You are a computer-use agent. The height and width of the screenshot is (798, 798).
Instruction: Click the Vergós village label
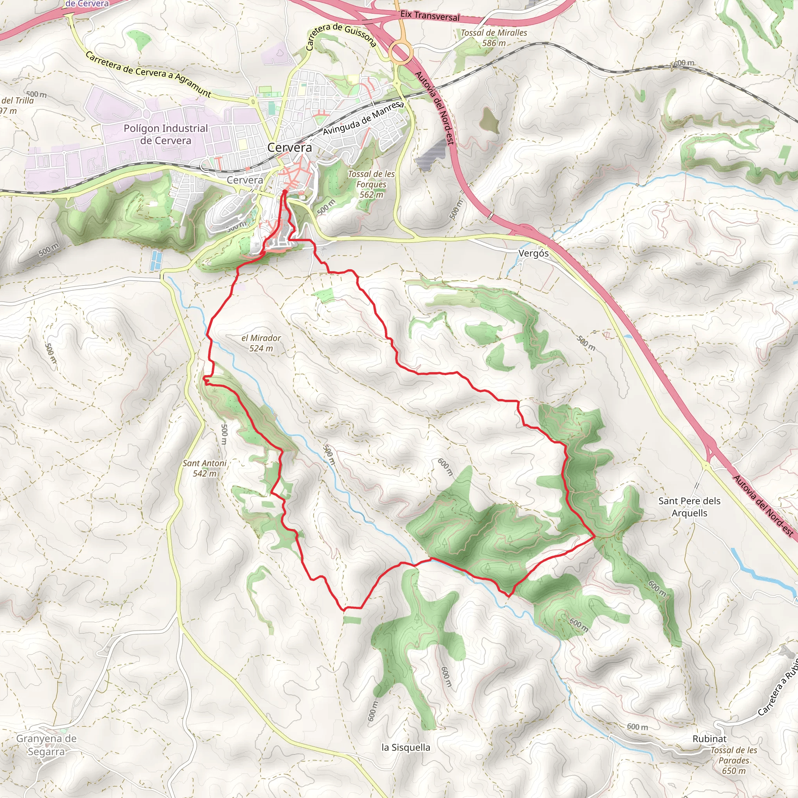(x=533, y=253)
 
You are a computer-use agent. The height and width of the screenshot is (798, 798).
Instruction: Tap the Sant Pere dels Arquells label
(x=689, y=507)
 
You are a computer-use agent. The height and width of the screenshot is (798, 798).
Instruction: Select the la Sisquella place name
(x=406, y=747)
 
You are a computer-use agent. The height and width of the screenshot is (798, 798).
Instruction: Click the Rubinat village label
(x=709, y=738)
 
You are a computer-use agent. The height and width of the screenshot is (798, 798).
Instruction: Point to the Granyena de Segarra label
(x=46, y=745)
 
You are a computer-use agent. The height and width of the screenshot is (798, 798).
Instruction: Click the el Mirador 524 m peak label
(x=261, y=343)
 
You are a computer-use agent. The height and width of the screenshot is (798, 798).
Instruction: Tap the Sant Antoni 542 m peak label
(x=205, y=468)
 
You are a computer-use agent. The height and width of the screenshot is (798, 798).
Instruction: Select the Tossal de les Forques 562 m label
(x=371, y=184)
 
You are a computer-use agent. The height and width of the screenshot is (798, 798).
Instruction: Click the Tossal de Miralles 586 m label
(x=494, y=37)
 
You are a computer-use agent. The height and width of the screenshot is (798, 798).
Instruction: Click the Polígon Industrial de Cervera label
(x=166, y=134)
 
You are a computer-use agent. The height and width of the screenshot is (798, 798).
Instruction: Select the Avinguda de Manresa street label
(x=363, y=118)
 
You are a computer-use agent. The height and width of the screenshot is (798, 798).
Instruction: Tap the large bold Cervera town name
(x=290, y=147)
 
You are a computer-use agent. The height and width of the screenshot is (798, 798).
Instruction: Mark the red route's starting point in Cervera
(x=284, y=192)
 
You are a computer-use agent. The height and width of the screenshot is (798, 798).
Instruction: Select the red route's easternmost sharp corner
(x=594, y=537)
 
